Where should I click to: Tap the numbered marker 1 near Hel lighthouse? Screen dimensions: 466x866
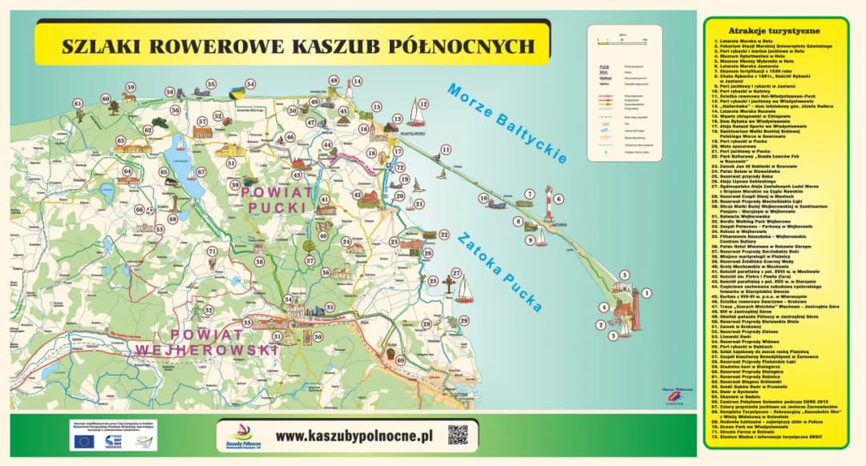click(x=646, y=294)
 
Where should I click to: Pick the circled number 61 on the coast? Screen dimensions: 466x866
click(x=78, y=104)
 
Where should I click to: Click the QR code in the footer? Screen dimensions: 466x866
click(x=457, y=436)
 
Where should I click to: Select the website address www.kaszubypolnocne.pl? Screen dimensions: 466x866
click(x=354, y=436)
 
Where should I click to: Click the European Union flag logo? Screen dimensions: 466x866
click(x=83, y=441)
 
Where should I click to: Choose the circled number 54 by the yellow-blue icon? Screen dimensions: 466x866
click(x=250, y=83)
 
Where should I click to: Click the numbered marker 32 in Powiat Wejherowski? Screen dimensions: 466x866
click(x=208, y=310)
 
